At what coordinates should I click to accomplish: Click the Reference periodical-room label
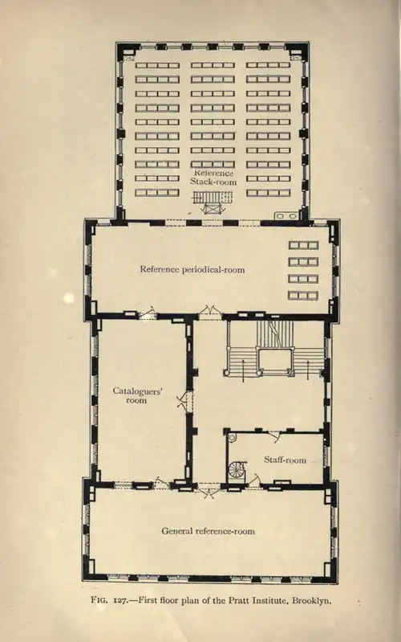(x=192, y=269)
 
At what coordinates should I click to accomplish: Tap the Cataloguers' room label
(x=138, y=395)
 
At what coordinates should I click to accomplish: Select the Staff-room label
(x=285, y=460)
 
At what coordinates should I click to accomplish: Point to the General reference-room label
(x=208, y=531)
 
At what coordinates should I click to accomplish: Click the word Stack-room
(x=213, y=182)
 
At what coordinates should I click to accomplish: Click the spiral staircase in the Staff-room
(x=237, y=468)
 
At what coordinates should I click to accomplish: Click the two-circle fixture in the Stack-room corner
(x=286, y=216)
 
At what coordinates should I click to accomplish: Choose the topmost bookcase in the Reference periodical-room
(x=303, y=245)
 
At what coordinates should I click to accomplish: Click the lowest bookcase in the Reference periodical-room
(x=303, y=295)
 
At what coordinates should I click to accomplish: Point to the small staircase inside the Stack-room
(x=213, y=202)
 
